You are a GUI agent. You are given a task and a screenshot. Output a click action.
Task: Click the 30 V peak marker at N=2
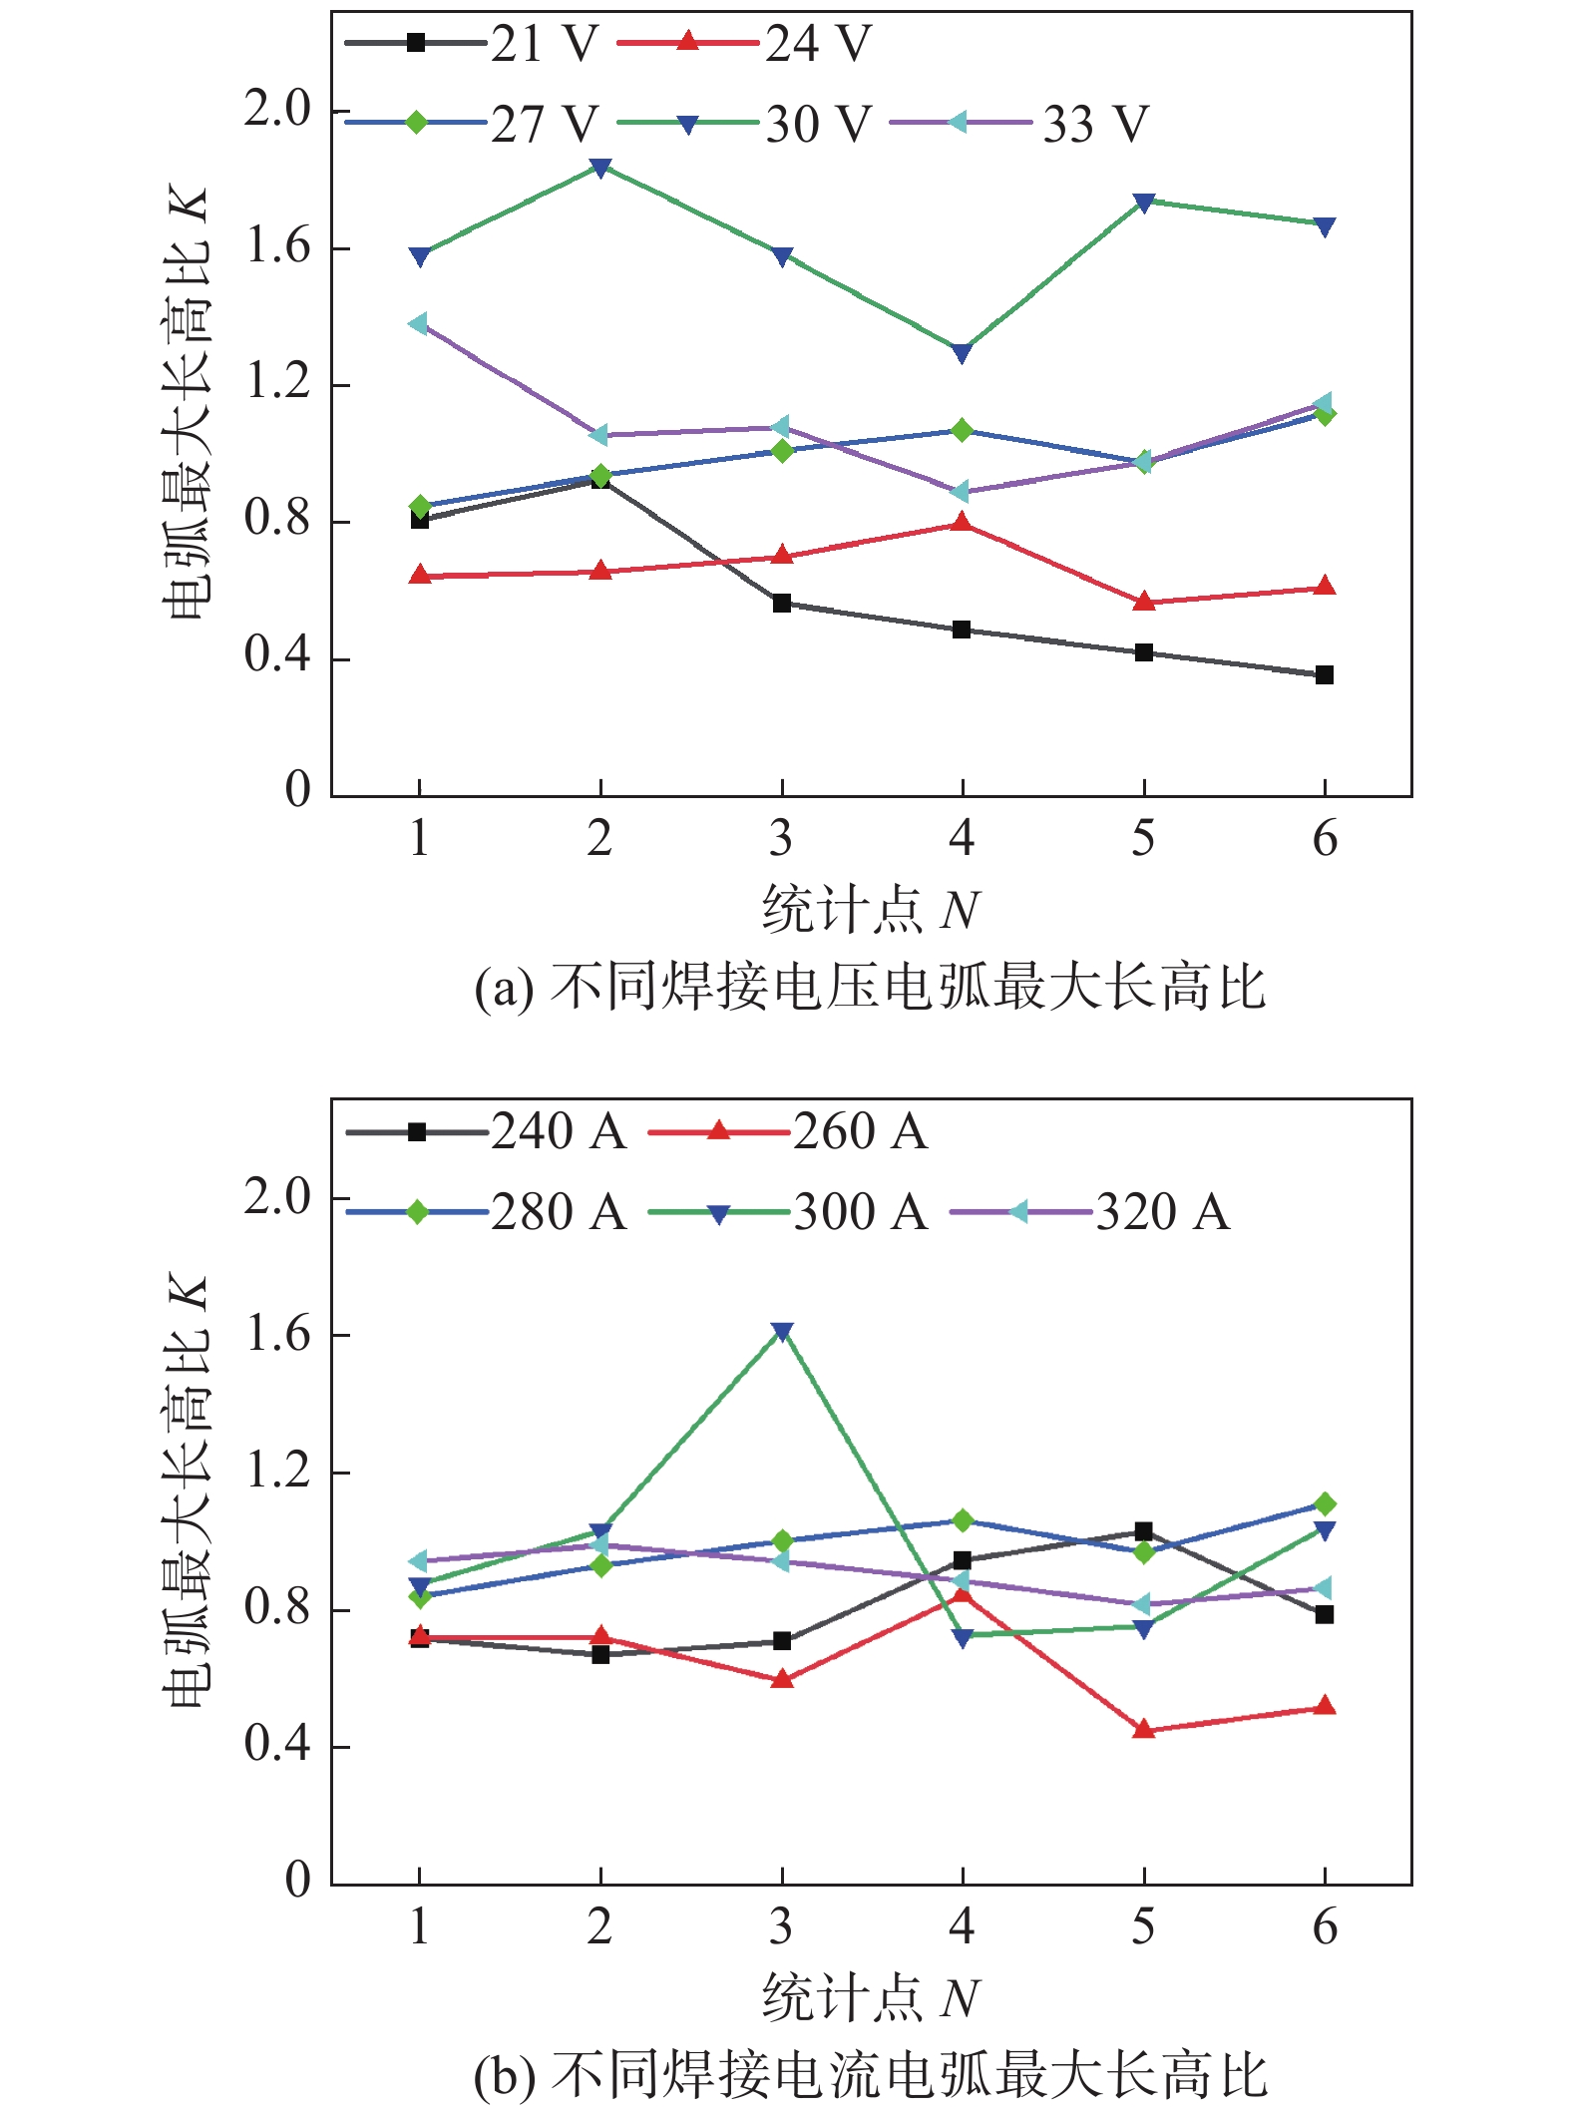[600, 168]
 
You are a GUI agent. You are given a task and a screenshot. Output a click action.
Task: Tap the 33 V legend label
[1095, 125]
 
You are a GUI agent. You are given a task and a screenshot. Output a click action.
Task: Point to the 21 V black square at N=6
[1324, 675]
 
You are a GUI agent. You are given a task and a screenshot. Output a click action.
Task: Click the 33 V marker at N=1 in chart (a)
[419, 324]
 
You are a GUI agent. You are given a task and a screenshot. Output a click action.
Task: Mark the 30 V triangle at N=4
[962, 353]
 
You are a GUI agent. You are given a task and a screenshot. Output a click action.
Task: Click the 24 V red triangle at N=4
[962, 522]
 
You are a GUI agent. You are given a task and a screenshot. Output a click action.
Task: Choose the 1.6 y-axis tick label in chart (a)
[278, 247]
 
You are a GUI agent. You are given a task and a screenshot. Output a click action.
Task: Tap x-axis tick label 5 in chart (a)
[1143, 838]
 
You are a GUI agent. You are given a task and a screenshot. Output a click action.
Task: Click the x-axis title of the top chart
[870, 910]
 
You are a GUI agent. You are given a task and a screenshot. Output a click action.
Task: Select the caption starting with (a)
[870, 988]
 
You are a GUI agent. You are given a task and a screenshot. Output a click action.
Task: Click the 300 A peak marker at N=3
[782, 1332]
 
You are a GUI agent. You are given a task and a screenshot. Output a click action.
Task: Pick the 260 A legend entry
[788, 1132]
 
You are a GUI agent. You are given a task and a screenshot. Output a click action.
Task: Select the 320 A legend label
[1162, 1213]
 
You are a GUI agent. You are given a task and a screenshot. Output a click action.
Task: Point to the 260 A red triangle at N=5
[1143, 1729]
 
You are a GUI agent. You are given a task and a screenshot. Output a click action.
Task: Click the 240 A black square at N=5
[1143, 1531]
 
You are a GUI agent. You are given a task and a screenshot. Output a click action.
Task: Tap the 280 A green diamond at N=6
[1324, 1503]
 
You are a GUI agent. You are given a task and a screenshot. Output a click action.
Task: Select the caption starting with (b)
[870, 2077]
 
